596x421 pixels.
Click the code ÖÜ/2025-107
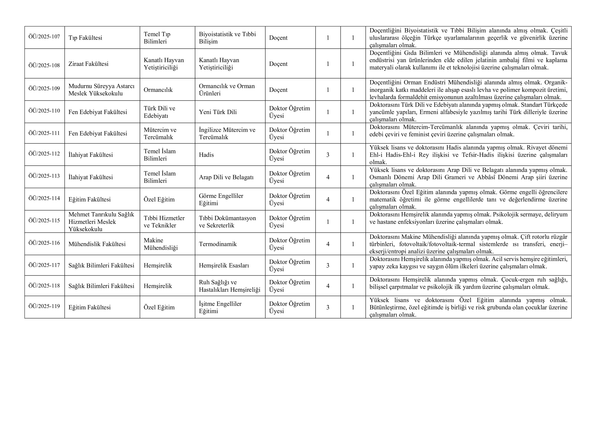44,36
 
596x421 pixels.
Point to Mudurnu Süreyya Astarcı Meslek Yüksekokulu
101,90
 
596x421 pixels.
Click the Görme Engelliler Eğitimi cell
221,199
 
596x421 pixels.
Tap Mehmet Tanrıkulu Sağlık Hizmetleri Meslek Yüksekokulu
101,222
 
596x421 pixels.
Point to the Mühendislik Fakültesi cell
97,244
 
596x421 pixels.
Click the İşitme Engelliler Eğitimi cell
220,307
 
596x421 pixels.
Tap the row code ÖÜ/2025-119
44,306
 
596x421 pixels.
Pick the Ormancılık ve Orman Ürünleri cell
227,90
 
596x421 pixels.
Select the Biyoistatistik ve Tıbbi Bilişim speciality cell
227,38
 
